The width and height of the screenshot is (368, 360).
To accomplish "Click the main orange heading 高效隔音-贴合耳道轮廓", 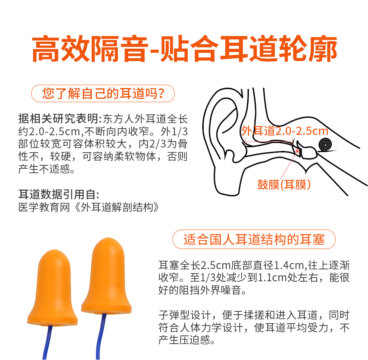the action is [184, 49].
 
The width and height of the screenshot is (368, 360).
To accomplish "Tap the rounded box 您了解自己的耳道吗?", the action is [103, 93].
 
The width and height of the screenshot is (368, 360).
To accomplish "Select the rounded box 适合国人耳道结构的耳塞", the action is [254, 239].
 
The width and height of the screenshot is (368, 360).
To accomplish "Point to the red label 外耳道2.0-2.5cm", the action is [285, 131].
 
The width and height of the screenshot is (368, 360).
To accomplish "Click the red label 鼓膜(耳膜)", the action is [284, 185].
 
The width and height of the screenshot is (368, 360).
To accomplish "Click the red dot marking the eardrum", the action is [298, 151].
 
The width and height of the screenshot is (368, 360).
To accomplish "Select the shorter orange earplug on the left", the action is [52, 288].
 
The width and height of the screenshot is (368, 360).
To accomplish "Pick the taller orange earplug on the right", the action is [106, 276].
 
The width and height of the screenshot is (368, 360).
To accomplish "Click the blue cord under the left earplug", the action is [47, 343].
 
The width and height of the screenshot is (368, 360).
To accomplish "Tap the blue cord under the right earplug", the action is [100, 336].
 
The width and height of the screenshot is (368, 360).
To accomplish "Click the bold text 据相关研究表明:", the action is [60, 119].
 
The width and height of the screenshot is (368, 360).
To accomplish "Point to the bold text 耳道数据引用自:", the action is [59, 194].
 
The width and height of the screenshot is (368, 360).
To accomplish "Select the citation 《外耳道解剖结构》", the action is [117, 207].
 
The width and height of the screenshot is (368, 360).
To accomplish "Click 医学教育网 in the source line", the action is [44, 207].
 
